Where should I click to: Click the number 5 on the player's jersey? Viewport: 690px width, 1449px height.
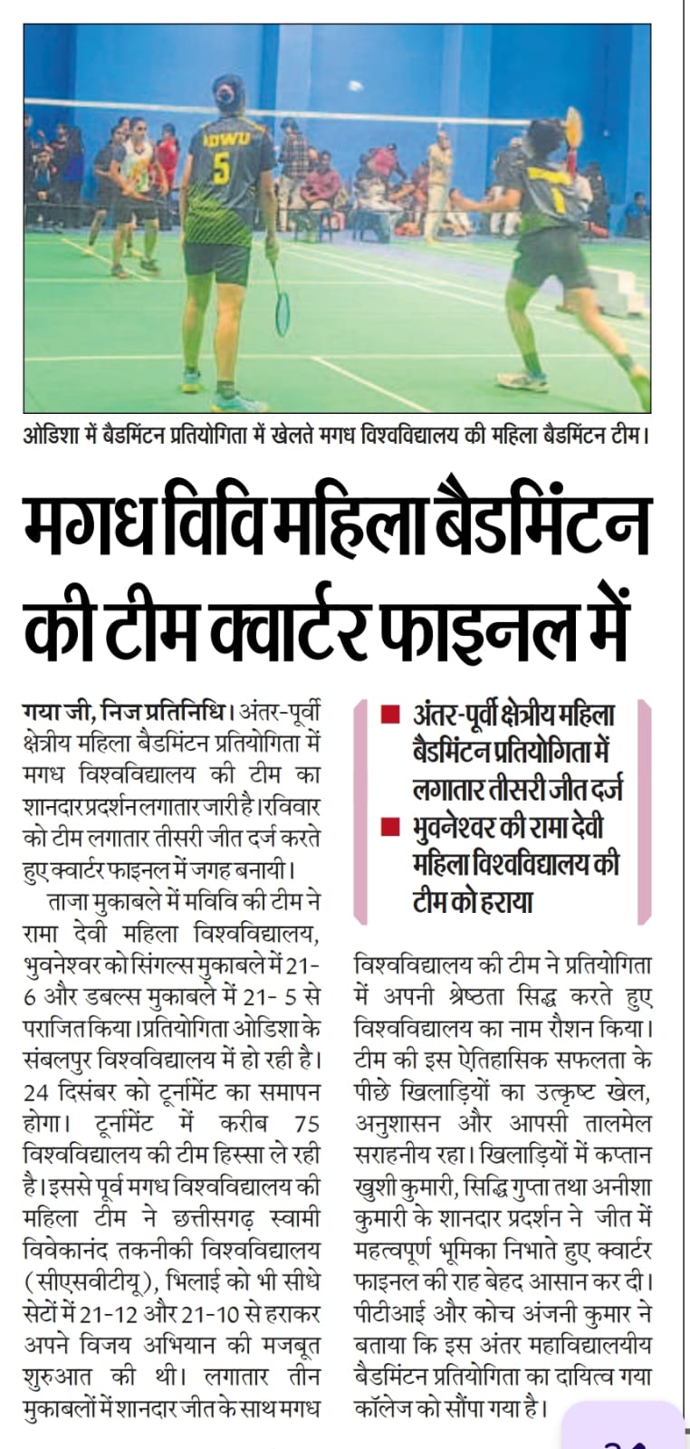221,168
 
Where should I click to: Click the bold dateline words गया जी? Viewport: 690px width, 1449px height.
54,710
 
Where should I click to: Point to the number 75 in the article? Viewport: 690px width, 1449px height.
307,1123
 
